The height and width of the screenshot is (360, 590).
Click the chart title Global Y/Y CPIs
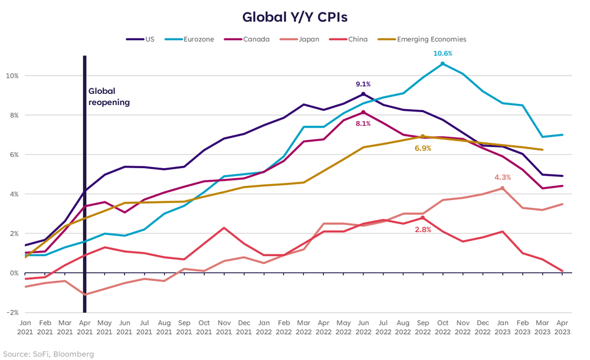click(294, 17)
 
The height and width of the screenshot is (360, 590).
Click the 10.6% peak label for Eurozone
click(443, 53)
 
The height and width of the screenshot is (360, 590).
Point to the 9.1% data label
click(363, 84)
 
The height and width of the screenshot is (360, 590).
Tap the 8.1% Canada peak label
click(363, 123)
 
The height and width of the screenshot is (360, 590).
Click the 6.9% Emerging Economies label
click(422, 148)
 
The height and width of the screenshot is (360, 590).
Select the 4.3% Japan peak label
click(503, 177)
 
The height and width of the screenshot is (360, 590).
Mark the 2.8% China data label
click(422, 229)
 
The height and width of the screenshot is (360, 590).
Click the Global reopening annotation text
click(109, 97)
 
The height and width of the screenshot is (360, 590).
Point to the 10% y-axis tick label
click(12, 76)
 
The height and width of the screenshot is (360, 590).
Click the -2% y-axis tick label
click(12, 312)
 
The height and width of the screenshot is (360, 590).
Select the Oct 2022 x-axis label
click(442, 328)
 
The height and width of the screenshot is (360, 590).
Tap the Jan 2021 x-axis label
click(26, 328)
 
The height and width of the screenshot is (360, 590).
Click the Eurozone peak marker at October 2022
click(442, 64)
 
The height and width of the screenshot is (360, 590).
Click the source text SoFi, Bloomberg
click(47, 354)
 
